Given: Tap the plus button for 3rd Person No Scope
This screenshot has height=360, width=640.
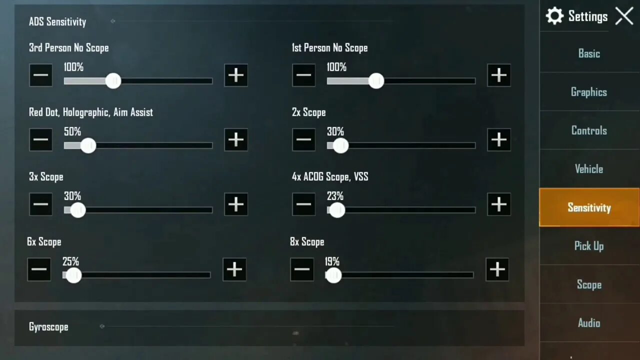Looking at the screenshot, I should pos(236,75).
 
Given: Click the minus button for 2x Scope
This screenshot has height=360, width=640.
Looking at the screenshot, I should pos(303,140).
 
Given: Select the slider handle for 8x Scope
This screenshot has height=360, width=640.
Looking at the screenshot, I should pos(333,275).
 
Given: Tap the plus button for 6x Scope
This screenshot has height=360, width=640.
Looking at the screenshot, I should pos(234,270).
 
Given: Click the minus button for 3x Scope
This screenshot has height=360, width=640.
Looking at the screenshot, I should pos(40,204).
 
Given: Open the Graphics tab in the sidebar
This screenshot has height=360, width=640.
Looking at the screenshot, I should pos(589,92).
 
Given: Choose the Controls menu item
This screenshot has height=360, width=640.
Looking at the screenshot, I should pos(589,130).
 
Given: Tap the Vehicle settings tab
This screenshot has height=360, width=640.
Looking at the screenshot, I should pos(589,169).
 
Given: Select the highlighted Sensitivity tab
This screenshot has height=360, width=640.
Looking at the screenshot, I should pos(589,207).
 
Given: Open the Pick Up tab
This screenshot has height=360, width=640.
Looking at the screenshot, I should pos(589,246).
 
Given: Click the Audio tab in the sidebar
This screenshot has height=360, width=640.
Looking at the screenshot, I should pos(589,323).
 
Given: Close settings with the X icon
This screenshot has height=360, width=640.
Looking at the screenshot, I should pos(624,16).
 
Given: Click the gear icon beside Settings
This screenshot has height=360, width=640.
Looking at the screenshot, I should pos(554,16).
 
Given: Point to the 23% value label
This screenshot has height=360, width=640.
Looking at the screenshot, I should pos(335,196).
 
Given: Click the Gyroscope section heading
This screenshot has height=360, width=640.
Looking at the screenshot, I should pos(48,327).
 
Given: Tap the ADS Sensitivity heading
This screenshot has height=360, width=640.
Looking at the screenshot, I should pos(57,22).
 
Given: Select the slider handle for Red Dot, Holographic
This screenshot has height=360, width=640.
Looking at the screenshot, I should pos(88,145).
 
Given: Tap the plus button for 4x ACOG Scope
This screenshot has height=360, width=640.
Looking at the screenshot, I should pos(498,204).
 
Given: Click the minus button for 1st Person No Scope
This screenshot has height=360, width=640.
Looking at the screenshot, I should pos(303,75).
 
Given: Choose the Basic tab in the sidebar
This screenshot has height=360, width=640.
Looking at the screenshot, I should pos(589,53).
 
